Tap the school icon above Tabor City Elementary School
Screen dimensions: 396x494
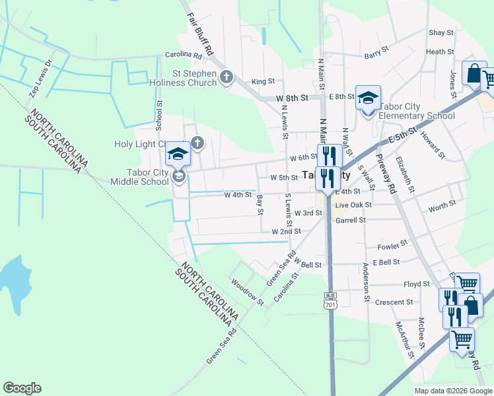[368, 98]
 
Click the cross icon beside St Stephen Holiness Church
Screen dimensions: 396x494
[227, 77]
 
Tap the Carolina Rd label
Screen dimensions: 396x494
[182, 55]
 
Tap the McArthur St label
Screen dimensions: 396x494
[404, 339]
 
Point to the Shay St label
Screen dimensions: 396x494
[441, 32]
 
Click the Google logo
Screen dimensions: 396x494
[22, 388]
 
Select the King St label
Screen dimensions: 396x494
[262, 81]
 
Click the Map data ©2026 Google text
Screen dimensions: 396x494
[452, 391]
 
